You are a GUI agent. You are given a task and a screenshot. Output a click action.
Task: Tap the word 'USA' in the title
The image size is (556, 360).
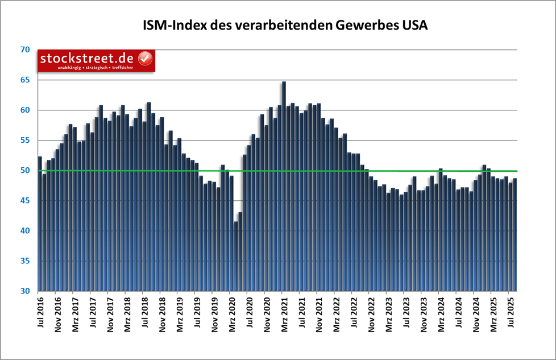(414, 26)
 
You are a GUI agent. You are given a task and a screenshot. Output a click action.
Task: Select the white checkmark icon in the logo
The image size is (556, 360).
(145, 58)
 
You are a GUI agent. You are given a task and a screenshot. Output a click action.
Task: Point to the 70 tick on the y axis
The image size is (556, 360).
(24, 50)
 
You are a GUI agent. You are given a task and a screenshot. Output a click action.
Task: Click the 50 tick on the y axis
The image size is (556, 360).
(24, 171)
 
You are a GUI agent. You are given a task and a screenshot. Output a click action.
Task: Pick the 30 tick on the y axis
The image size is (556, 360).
(24, 291)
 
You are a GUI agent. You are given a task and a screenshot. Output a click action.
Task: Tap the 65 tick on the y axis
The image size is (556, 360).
(24, 80)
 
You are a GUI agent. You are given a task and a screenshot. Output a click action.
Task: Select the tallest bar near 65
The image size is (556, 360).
(284, 188)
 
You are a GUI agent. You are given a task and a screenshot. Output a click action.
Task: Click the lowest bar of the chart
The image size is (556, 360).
(236, 256)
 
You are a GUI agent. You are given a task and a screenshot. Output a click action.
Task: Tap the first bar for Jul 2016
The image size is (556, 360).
(40, 222)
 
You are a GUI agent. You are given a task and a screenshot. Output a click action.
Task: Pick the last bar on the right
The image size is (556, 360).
(514, 233)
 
